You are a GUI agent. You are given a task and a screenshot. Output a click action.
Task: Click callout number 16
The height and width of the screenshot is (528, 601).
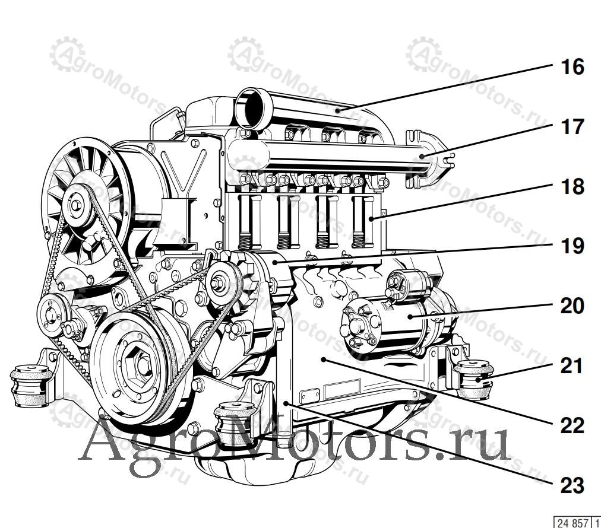(x=572, y=67)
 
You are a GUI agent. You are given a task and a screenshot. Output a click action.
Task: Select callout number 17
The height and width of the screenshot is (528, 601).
(x=572, y=127)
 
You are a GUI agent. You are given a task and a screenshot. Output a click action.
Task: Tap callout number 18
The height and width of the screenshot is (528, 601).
(x=572, y=186)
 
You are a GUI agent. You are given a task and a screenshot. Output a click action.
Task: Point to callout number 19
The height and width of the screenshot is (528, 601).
(x=572, y=246)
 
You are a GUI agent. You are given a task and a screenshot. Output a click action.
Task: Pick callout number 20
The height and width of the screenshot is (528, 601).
(x=572, y=306)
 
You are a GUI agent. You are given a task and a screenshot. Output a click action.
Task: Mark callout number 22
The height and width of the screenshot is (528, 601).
(x=572, y=425)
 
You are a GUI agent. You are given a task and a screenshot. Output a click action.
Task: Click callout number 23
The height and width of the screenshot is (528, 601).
(x=572, y=485)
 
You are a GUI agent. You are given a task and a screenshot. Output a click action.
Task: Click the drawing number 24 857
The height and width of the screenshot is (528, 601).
(x=572, y=523)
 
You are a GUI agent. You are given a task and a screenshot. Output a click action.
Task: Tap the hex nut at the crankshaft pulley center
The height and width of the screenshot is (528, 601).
(x=141, y=365)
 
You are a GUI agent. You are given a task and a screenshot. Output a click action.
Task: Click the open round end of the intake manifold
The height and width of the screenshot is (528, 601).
(x=250, y=108)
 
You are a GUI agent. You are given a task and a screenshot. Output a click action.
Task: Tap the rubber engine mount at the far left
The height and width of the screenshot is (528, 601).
(x=31, y=386)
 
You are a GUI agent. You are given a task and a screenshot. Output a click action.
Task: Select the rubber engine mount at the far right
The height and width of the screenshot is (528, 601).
(x=474, y=380)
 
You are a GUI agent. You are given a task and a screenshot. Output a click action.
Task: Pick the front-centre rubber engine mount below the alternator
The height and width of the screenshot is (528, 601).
(x=235, y=423)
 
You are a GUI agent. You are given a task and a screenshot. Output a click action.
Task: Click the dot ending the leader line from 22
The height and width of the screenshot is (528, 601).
(x=324, y=359)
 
